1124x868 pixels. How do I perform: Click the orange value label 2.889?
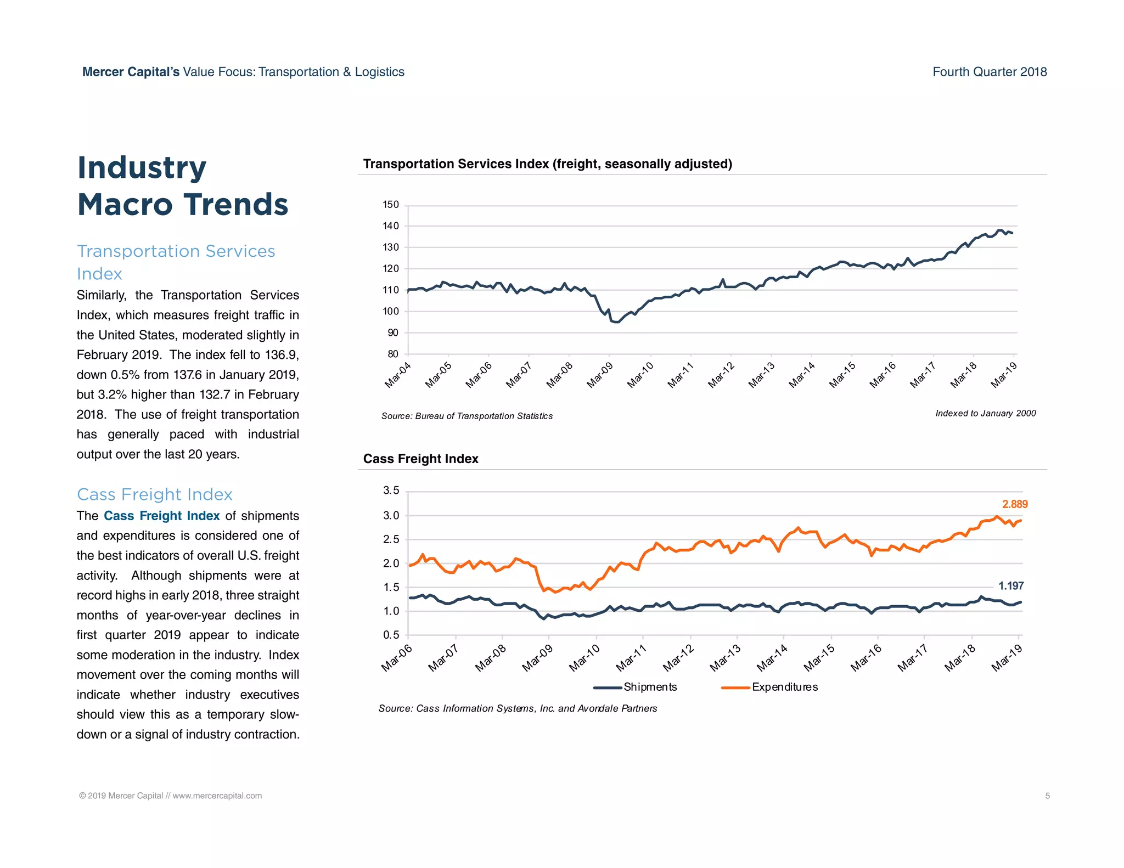pyautogui.click(x=1014, y=504)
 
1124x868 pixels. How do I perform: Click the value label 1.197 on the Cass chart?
pyautogui.click(x=1010, y=586)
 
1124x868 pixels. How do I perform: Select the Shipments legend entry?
pyautogui.click(x=650, y=687)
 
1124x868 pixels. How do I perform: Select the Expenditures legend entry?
pyautogui.click(x=784, y=687)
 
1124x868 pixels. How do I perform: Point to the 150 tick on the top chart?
pyautogui.click(x=391, y=205)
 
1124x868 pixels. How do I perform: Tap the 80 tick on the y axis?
pyautogui.click(x=393, y=354)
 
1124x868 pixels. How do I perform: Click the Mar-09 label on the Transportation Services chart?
pyautogui.click(x=599, y=375)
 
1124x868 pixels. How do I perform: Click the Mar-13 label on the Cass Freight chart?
pyautogui.click(x=726, y=658)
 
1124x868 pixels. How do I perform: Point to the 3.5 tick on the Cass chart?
pyautogui.click(x=391, y=491)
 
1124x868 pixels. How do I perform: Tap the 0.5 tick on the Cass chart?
pyautogui.click(x=391, y=635)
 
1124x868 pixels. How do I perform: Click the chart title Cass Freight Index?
pyautogui.click(x=420, y=459)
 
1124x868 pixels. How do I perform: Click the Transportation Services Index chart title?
pyautogui.click(x=547, y=164)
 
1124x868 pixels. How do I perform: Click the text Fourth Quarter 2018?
pyautogui.click(x=990, y=72)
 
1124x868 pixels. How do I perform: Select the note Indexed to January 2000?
pyautogui.click(x=985, y=413)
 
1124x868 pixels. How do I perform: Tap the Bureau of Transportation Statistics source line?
pyautogui.click(x=467, y=416)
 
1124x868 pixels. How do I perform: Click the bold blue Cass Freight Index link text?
pyautogui.click(x=161, y=516)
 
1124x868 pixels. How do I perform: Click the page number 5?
pyautogui.click(x=1047, y=796)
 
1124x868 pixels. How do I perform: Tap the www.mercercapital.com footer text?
pyautogui.click(x=217, y=796)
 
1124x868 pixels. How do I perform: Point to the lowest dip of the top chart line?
pyautogui.click(x=615, y=322)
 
